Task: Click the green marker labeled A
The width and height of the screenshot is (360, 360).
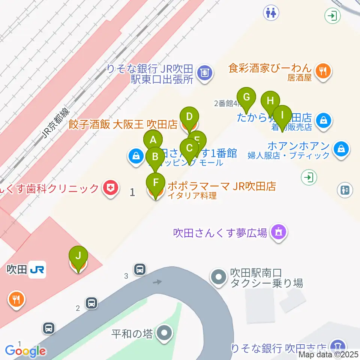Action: (153, 141)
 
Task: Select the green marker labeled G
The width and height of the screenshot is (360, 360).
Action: (246, 98)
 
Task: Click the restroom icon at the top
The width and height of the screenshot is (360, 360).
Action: (271, 12)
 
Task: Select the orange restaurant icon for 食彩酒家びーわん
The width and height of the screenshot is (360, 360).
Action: (322, 71)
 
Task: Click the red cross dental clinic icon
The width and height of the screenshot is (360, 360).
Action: (111, 187)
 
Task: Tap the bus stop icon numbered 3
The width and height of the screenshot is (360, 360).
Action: (140, 269)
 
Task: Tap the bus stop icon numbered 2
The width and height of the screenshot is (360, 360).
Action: (91, 303)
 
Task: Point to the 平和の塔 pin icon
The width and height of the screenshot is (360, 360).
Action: (164, 333)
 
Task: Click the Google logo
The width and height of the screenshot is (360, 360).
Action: (25, 351)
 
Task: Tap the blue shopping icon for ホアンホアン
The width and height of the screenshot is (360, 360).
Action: (342, 149)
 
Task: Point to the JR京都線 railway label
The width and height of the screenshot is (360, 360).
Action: (55, 123)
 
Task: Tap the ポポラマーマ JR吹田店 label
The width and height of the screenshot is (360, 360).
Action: (222, 186)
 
